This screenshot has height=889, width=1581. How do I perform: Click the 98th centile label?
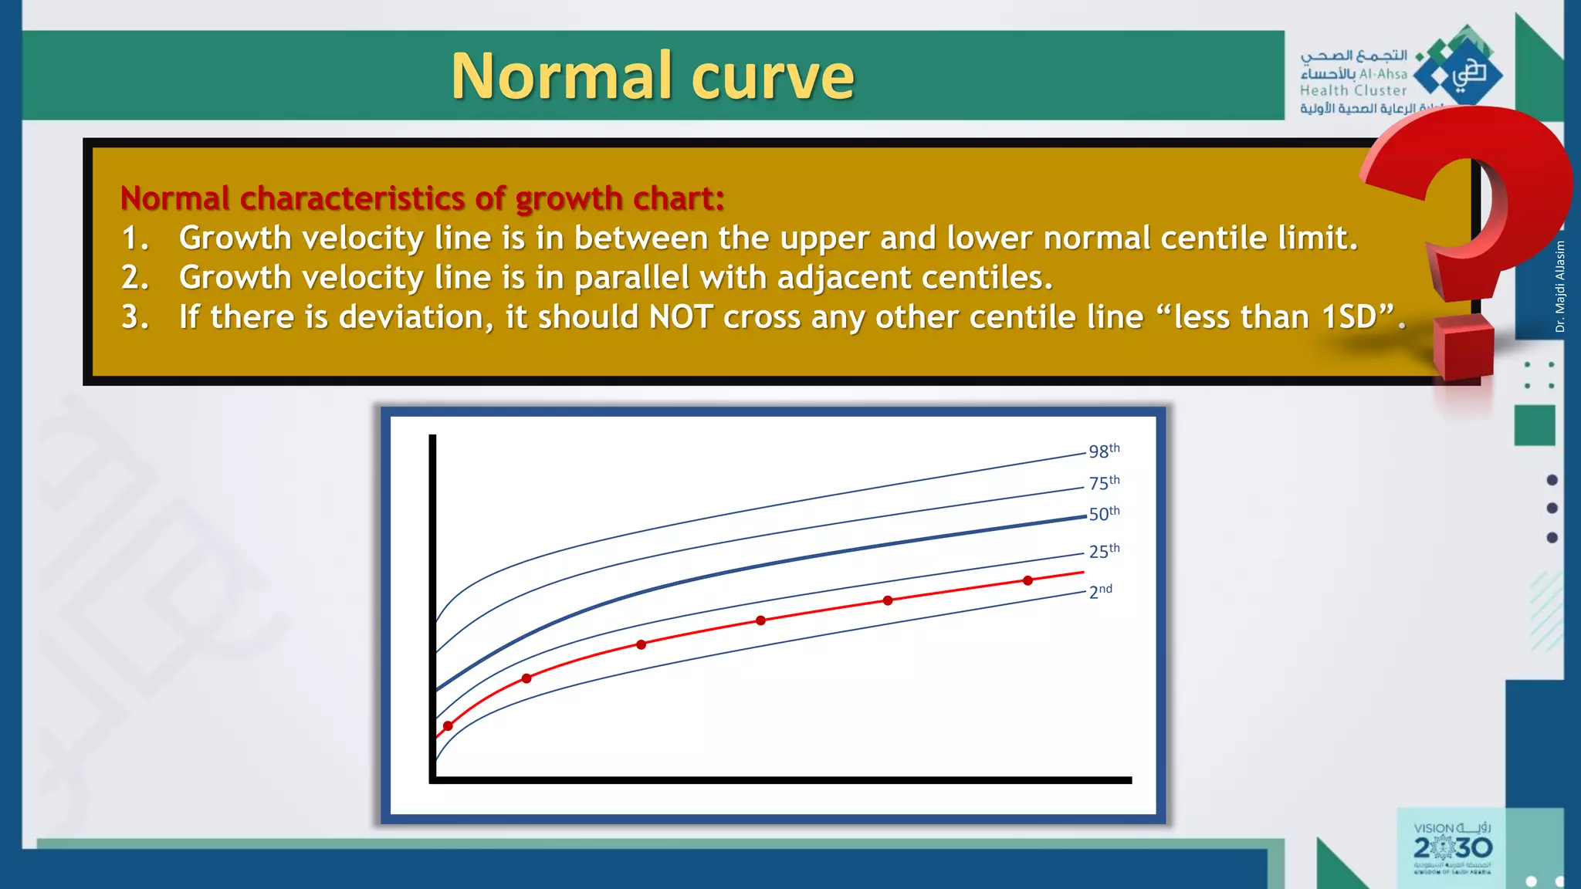click(x=1103, y=451)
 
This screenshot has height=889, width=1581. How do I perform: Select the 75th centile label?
click(x=1103, y=482)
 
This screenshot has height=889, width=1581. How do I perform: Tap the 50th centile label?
click(x=1103, y=513)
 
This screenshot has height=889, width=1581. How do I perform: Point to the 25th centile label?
click(x=1103, y=551)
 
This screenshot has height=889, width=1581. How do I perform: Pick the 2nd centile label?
click(x=1100, y=591)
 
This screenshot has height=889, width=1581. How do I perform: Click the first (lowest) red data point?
click(x=448, y=726)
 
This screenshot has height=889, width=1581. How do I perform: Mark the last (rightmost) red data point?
click(x=1027, y=580)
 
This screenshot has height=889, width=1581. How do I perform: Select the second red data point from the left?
click(x=526, y=678)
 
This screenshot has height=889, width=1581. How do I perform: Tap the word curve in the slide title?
click(x=773, y=77)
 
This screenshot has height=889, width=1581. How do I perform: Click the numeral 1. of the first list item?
click(x=135, y=238)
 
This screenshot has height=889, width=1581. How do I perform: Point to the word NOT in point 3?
click(x=680, y=317)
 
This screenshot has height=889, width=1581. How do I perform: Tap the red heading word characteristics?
click(x=351, y=198)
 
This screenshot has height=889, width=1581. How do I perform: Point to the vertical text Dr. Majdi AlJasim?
click(x=1560, y=286)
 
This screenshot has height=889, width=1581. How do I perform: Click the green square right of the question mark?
click(x=1534, y=425)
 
